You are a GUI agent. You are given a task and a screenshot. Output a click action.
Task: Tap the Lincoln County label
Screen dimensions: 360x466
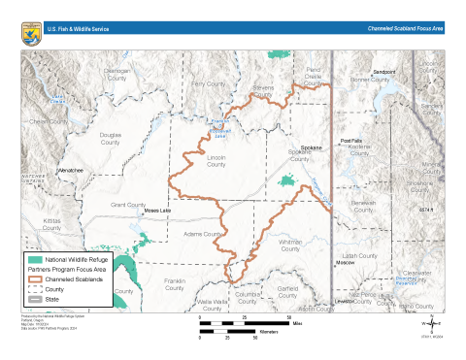tap(216, 160)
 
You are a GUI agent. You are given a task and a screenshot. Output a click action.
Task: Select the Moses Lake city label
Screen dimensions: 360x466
tap(155, 210)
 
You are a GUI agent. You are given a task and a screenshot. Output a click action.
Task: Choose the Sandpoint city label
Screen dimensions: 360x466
tap(385, 72)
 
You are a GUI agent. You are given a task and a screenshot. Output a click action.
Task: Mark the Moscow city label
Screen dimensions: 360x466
tap(345, 263)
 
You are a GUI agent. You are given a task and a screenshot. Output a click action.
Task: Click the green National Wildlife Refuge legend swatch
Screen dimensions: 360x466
tap(35, 260)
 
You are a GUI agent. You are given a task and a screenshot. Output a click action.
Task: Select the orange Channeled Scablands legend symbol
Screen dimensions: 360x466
tap(35, 279)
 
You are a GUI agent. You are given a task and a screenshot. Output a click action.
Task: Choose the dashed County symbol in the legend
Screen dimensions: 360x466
tap(35, 289)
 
